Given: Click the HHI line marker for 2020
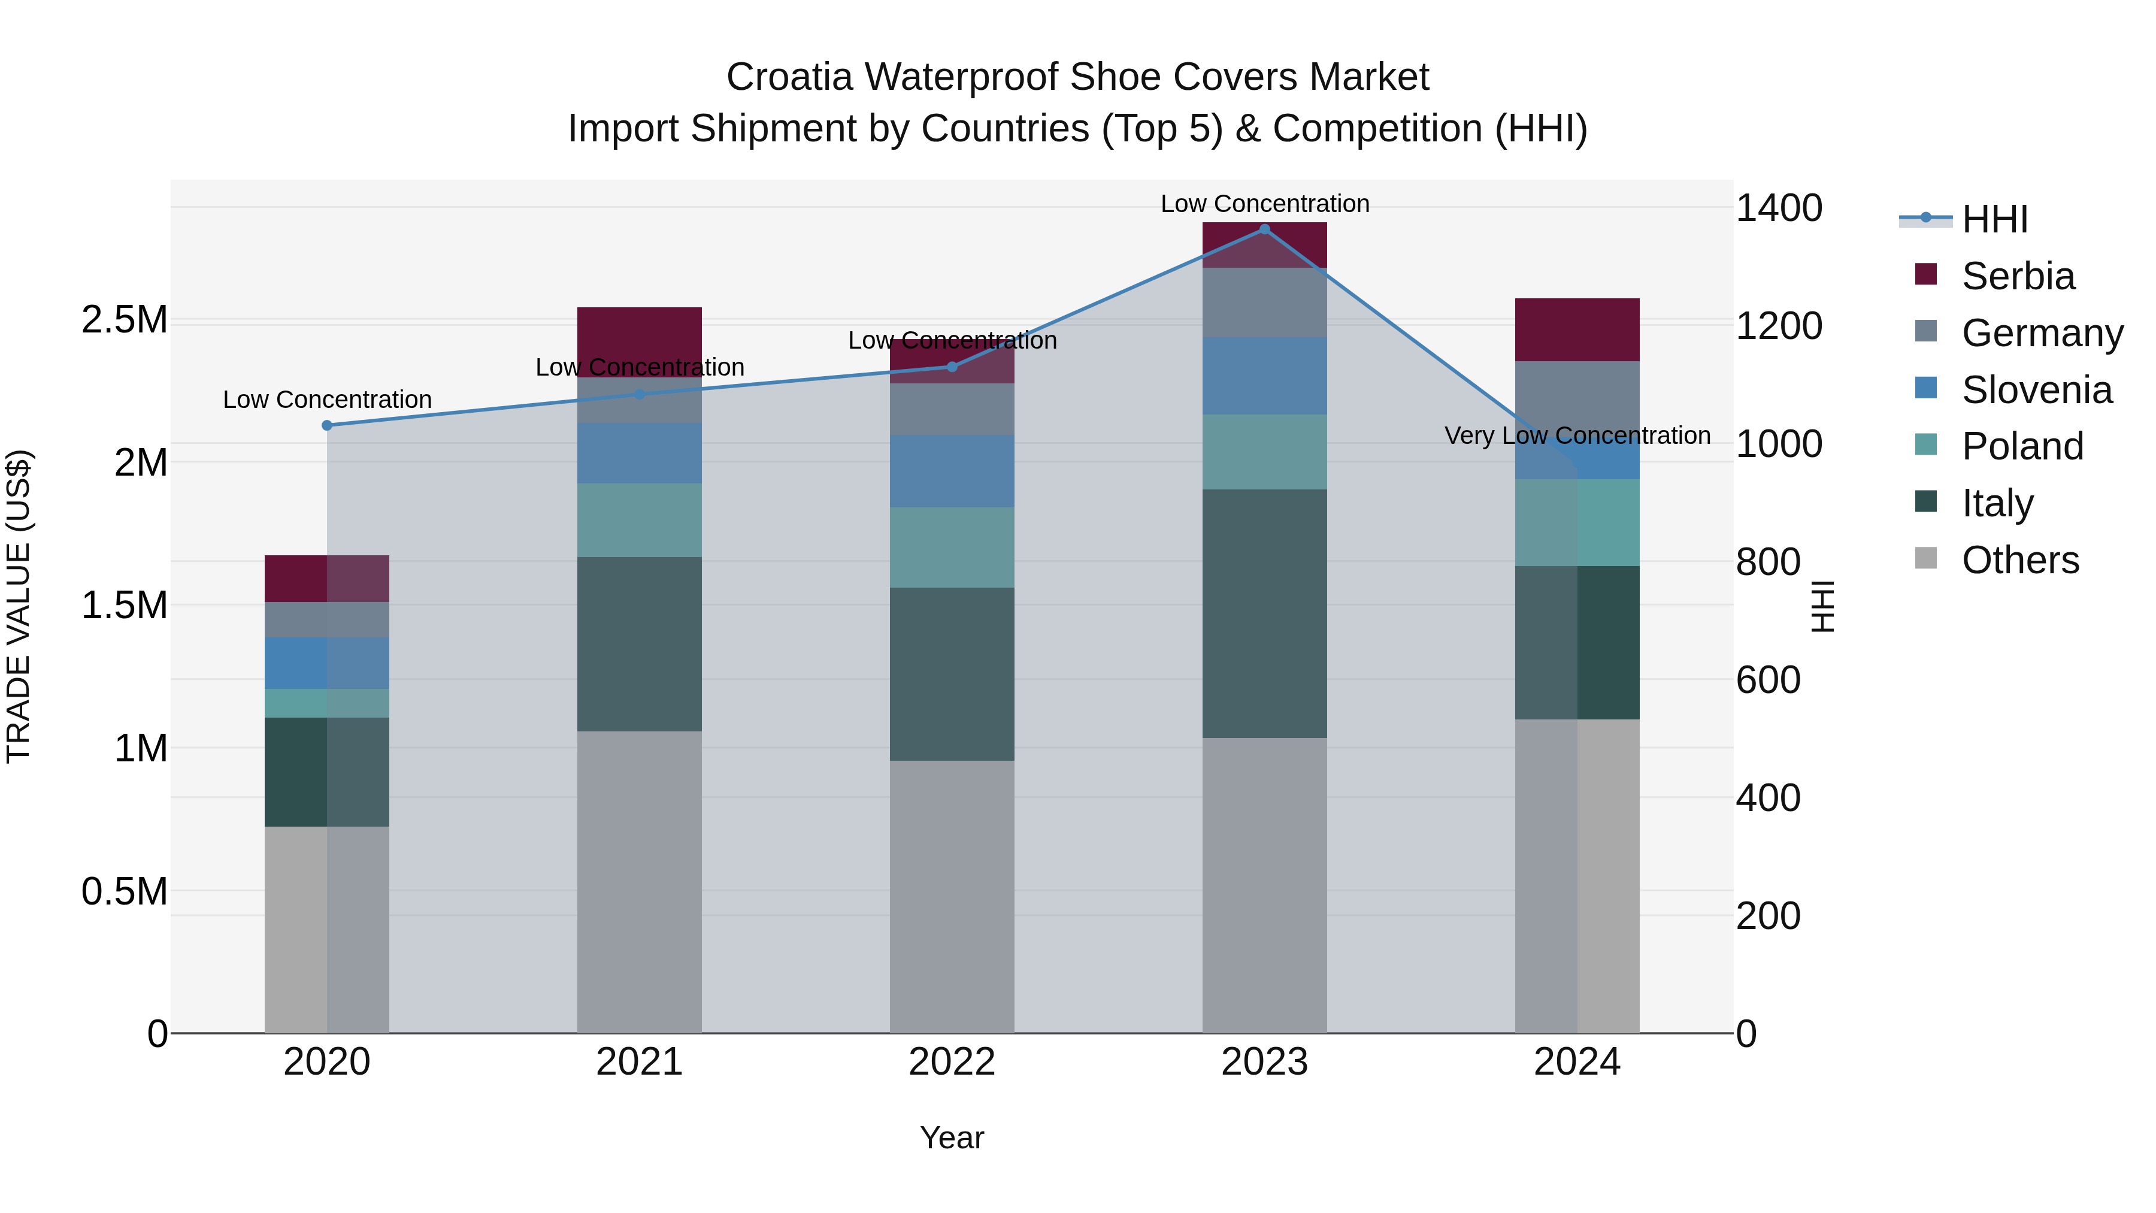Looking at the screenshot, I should click(x=327, y=425).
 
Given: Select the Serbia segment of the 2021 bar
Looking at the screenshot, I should click(x=640, y=341).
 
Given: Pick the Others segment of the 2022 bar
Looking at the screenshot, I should click(x=952, y=896).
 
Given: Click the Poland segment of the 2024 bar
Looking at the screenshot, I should click(x=1577, y=522).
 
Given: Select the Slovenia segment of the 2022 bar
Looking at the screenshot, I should click(x=952, y=470).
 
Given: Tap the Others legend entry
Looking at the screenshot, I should click(x=2019, y=559).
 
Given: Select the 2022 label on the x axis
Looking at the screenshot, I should click(x=952, y=1061).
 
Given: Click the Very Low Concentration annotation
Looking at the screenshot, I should click(x=1577, y=435).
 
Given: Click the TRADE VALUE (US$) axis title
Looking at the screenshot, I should click(x=19, y=606).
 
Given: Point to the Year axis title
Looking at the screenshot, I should click(x=952, y=1138).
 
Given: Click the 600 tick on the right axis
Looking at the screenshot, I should click(x=1768, y=680).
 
